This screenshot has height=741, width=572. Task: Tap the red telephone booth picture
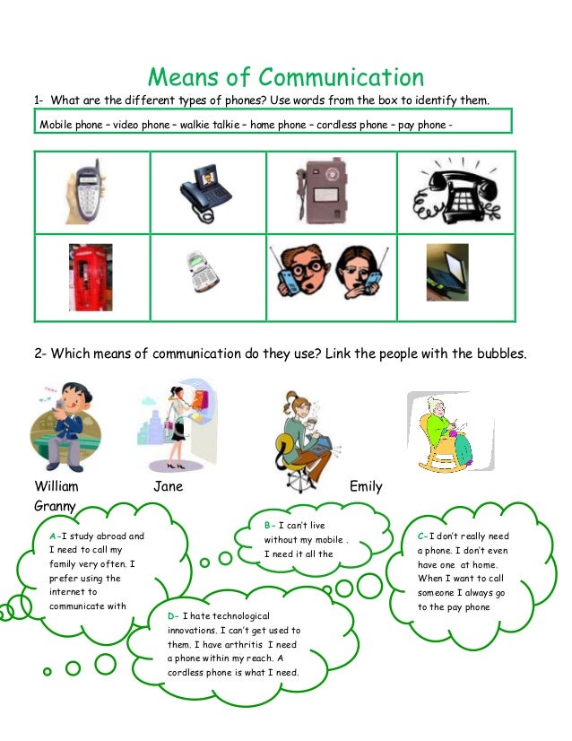click(91, 276)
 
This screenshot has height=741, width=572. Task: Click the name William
click(56, 486)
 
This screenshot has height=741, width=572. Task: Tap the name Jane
click(169, 486)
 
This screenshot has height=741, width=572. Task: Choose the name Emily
click(366, 486)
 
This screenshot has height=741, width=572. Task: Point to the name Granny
click(55, 506)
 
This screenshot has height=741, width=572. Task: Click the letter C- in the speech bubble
click(422, 536)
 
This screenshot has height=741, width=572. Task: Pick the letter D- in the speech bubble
click(172, 616)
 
